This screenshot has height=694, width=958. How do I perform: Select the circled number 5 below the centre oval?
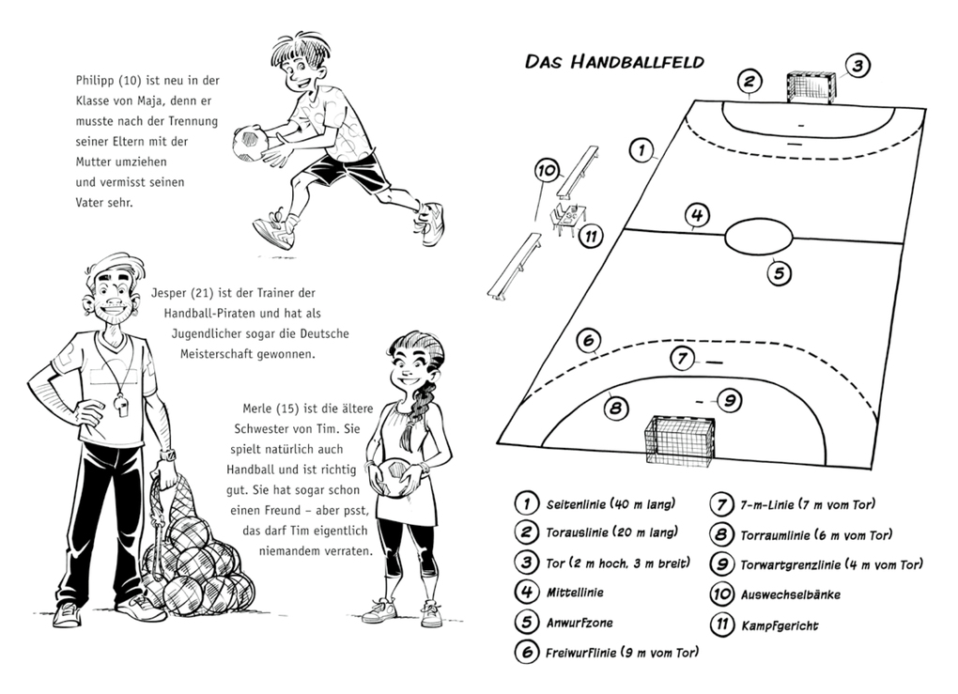click(779, 274)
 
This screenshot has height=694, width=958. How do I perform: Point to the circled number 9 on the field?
click(729, 400)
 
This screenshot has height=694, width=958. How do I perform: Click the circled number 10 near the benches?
click(547, 171)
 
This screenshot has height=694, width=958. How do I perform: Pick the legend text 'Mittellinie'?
click(575, 593)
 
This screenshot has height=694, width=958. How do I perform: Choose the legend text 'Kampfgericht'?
click(780, 625)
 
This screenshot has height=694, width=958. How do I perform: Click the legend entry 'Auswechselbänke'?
click(790, 594)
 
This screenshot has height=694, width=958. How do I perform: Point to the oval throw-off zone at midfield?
click(758, 235)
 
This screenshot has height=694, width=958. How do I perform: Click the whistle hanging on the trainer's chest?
click(122, 403)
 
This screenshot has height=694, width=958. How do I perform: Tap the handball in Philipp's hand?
click(250, 141)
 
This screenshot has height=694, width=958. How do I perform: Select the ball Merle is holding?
click(394, 478)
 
